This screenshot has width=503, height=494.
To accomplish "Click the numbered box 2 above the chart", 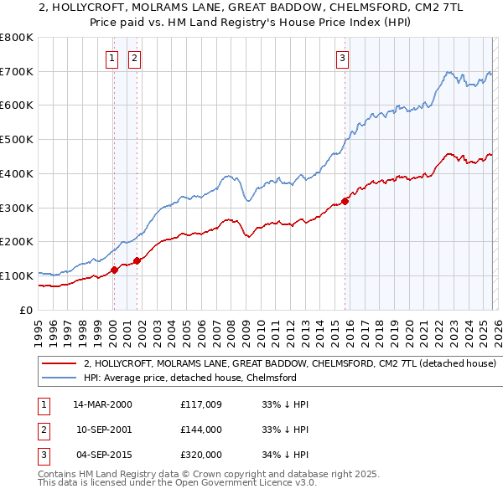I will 134,58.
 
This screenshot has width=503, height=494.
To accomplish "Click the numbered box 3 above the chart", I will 343,58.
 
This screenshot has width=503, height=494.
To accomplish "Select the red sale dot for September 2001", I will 137,260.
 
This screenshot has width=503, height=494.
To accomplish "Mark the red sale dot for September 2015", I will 345,201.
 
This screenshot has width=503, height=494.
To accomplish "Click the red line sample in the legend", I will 59,364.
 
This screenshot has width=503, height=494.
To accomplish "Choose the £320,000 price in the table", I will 201,455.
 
